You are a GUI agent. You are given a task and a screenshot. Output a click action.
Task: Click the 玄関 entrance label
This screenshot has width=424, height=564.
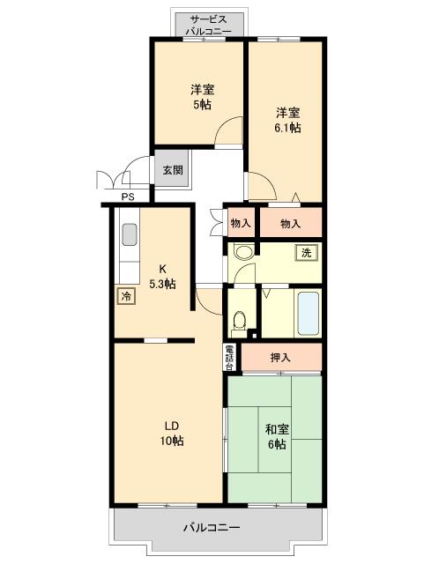coord(173,170)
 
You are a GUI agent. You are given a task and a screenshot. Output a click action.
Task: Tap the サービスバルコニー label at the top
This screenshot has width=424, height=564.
coord(208,25)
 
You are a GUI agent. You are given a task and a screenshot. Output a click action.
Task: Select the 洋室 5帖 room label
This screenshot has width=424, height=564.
coord(202,97)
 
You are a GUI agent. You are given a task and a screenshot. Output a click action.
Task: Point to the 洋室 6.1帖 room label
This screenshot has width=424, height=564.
coord(287,120)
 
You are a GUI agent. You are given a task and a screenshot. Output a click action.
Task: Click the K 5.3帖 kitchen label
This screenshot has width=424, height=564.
coord(163,276)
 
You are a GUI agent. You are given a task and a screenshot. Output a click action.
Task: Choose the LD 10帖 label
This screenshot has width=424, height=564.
coord(172,434)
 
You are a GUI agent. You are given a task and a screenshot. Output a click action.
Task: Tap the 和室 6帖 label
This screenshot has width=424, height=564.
coord(277,437)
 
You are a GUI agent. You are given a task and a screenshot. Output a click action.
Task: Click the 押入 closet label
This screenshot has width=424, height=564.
coord(280,358)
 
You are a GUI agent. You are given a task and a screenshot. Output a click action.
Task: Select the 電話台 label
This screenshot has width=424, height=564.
coord(229,358)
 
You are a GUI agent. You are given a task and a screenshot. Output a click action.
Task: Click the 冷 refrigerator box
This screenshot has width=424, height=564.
coord(126,296)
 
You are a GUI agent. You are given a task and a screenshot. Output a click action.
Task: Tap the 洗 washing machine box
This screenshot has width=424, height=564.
coord(306,253)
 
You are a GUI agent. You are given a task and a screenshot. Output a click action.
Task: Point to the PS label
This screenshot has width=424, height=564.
coord(128,197)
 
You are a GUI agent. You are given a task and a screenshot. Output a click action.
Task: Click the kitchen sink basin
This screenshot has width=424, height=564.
coord(130,235)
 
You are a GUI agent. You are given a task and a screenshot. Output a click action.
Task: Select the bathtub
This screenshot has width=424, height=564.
coord(309,313)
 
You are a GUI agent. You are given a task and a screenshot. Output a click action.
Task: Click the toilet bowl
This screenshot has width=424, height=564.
coord(239,320)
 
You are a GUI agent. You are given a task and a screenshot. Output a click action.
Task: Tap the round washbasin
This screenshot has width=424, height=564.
coord(243,252)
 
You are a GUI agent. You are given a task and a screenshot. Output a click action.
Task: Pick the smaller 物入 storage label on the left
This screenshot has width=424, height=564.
coord(241,223)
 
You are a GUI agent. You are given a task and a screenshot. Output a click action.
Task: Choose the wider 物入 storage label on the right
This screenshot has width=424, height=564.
coord(290,224)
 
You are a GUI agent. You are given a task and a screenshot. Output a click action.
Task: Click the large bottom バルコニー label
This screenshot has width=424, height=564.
coord(212,528)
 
